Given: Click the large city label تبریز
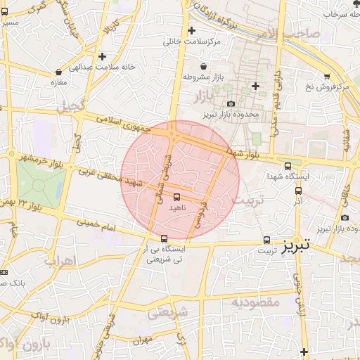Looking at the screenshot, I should tap(295, 246).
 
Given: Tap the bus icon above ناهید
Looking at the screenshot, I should tap(176, 197).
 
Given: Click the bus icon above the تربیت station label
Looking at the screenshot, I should tap(266, 240).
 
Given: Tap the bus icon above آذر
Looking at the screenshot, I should tap(298, 190).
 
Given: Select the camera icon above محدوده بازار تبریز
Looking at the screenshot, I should tap(231, 103).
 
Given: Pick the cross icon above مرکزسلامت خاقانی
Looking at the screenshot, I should tap(191, 31).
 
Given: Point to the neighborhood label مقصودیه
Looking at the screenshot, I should tap(255, 302).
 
